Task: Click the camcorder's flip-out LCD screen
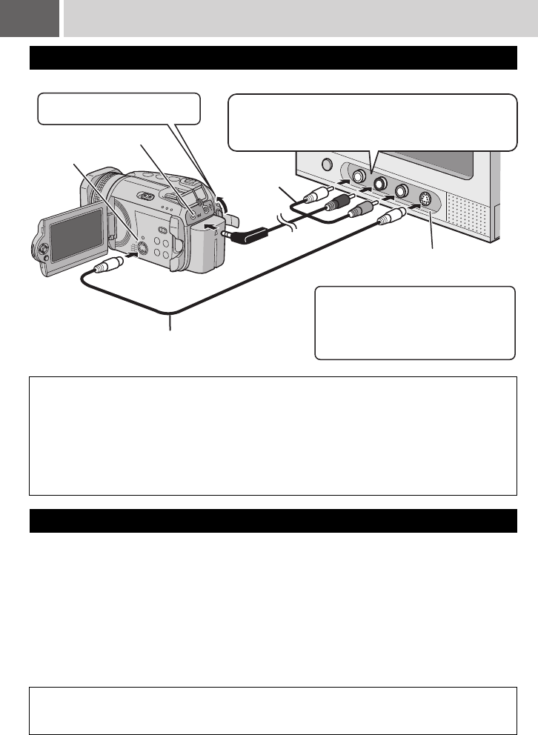[x=71, y=241]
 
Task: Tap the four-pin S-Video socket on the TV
[x=425, y=199]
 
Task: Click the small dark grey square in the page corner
[x=30, y=19]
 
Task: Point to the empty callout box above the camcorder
[x=119, y=108]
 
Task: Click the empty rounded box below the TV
[x=414, y=322]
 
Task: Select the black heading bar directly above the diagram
[x=272, y=57]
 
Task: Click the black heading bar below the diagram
[x=272, y=520]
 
